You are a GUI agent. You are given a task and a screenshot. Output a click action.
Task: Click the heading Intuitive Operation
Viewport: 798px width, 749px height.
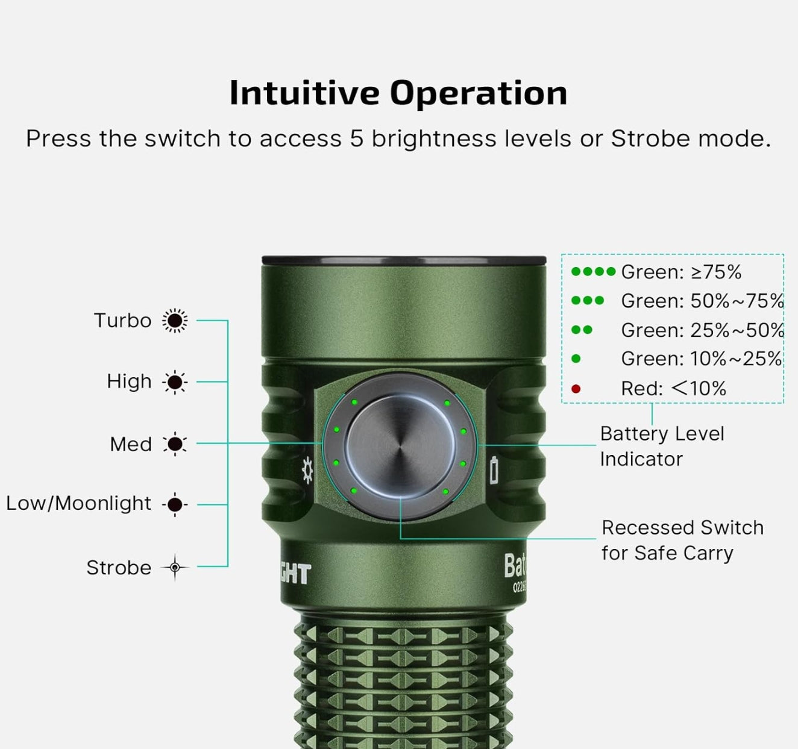pyautogui.click(x=398, y=93)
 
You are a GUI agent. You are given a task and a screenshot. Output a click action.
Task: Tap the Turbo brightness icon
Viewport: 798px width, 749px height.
pyautogui.click(x=175, y=321)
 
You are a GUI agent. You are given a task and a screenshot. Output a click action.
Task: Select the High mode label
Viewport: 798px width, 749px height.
pyautogui.click(x=129, y=381)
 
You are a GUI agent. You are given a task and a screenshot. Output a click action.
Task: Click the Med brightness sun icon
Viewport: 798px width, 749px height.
pyautogui.click(x=175, y=444)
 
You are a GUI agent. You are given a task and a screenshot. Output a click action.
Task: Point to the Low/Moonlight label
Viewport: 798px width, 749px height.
pyautogui.click(x=78, y=503)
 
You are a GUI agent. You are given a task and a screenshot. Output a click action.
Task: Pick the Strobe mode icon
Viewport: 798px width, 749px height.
pyautogui.click(x=175, y=567)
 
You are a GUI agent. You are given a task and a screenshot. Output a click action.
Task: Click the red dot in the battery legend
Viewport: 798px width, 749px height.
pyautogui.click(x=576, y=389)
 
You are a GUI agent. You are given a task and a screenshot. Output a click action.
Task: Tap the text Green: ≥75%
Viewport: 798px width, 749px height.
pyautogui.click(x=681, y=272)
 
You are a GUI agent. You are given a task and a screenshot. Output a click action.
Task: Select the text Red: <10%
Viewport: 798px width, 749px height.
pyautogui.click(x=673, y=389)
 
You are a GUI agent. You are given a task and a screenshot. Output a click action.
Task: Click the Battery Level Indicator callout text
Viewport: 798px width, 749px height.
pyautogui.click(x=661, y=446)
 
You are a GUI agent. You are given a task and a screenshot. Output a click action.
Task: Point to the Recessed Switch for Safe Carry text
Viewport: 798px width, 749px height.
pyautogui.click(x=682, y=540)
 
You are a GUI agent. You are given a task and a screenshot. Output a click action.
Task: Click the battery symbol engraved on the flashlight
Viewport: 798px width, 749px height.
pyautogui.click(x=494, y=470)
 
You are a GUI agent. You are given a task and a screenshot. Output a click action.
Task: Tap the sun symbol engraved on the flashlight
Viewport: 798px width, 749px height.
pyautogui.click(x=307, y=470)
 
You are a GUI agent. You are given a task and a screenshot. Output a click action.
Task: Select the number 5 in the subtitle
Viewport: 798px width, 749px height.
pyautogui.click(x=357, y=139)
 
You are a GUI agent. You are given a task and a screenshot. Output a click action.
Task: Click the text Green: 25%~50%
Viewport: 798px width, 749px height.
pyautogui.click(x=702, y=330)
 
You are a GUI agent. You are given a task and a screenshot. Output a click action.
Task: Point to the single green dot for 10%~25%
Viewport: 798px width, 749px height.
pyautogui.click(x=576, y=359)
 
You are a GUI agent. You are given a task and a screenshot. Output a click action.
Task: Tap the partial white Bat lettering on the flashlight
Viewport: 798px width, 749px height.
pyautogui.click(x=515, y=567)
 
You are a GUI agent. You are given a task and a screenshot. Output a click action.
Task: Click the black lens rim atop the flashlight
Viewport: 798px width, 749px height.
pyautogui.click(x=404, y=260)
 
